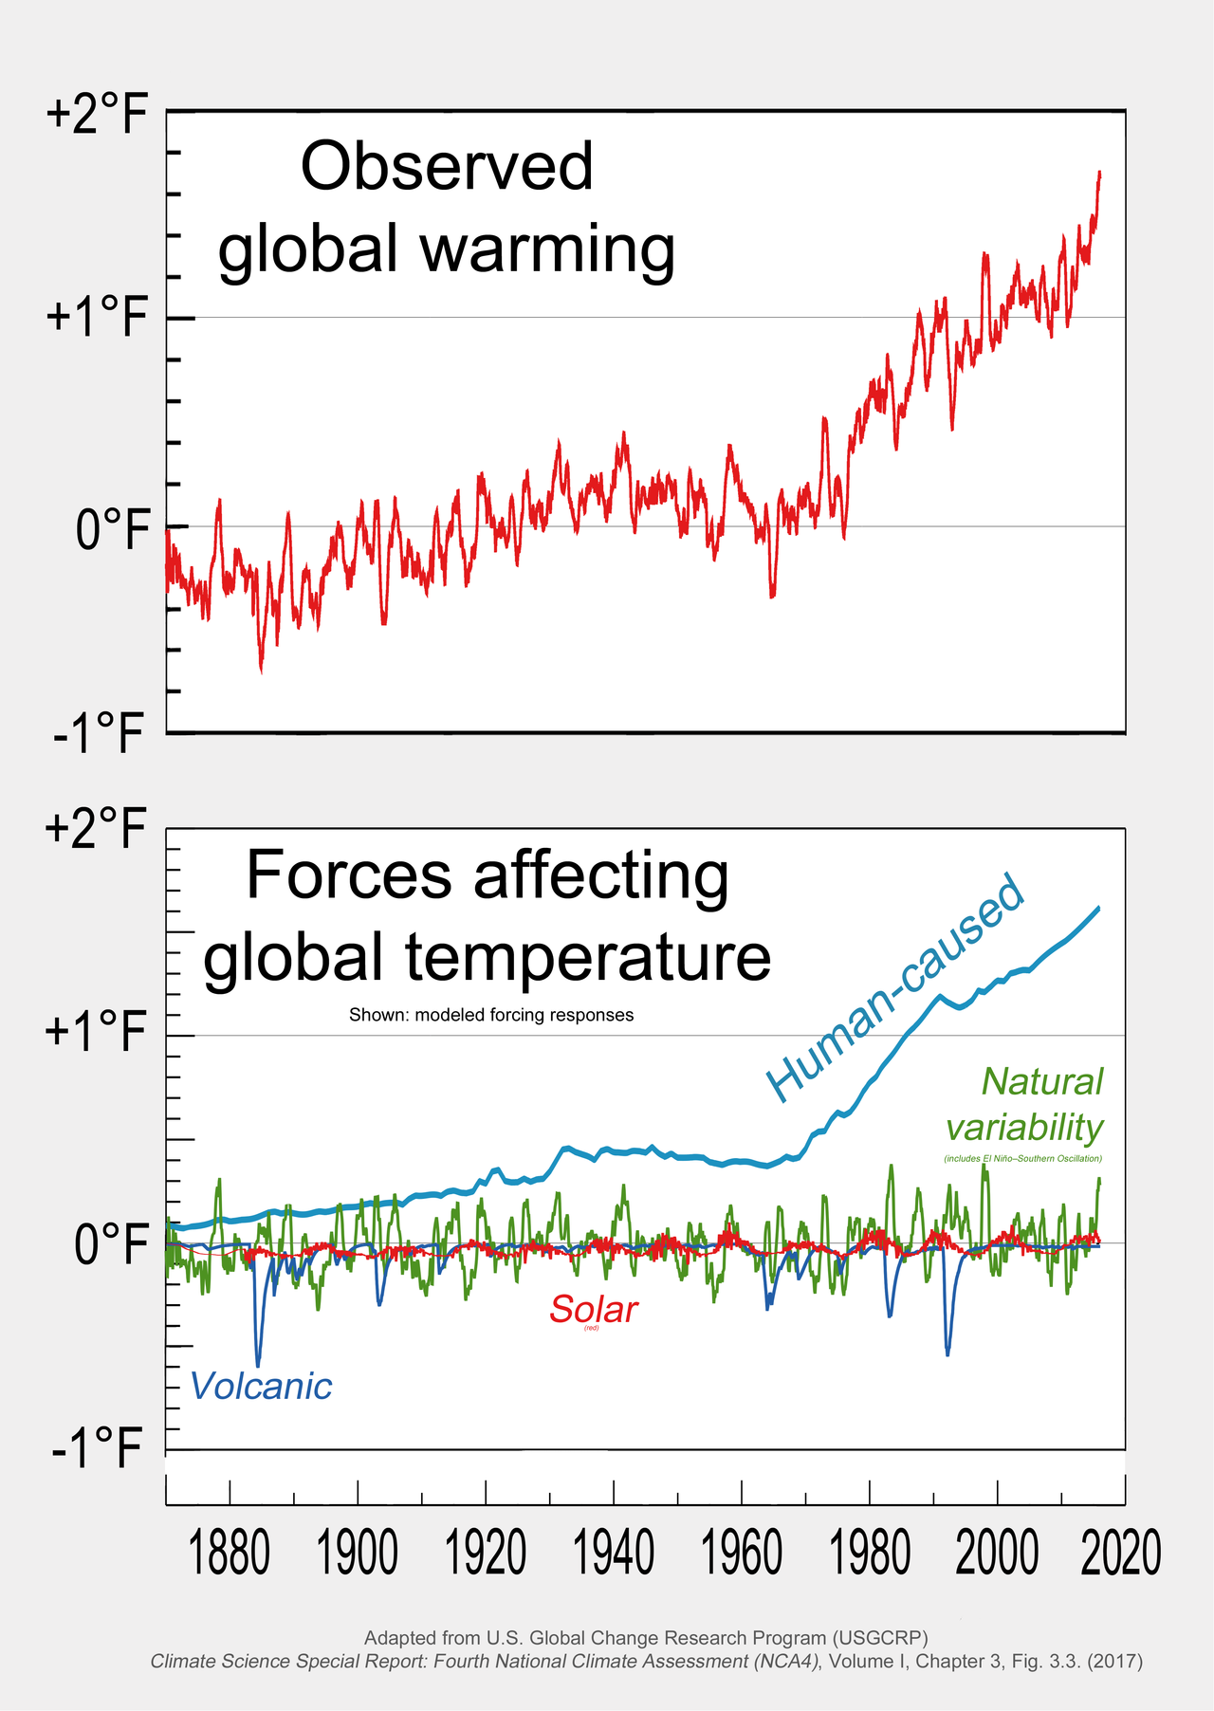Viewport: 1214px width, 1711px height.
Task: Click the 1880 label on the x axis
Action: (230, 1554)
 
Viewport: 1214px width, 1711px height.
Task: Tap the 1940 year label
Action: (615, 1554)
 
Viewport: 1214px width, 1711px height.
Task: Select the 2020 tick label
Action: (1121, 1554)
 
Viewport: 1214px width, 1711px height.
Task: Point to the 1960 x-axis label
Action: (743, 1554)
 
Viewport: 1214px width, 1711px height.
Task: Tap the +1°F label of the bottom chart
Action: (98, 1033)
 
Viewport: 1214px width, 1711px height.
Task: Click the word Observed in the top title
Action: (447, 167)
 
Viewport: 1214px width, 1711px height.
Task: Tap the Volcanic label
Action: (261, 1387)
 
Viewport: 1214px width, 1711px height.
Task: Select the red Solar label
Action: (594, 1310)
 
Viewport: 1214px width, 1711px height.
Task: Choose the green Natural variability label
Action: (1026, 1105)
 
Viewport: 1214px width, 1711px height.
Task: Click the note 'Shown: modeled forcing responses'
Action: (491, 1015)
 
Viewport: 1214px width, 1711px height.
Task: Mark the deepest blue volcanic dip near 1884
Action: (258, 1362)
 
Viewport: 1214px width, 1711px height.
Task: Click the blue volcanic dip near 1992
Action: (947, 1352)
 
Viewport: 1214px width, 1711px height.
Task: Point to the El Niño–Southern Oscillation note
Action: (1022, 1159)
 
